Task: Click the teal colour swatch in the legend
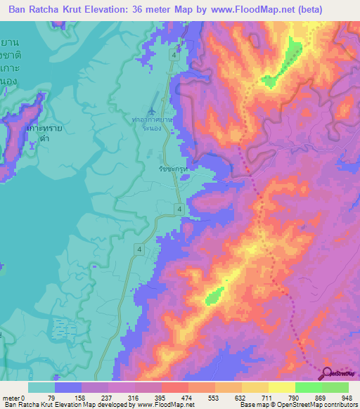tap(41, 387)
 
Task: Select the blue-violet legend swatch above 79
tap(68, 387)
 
